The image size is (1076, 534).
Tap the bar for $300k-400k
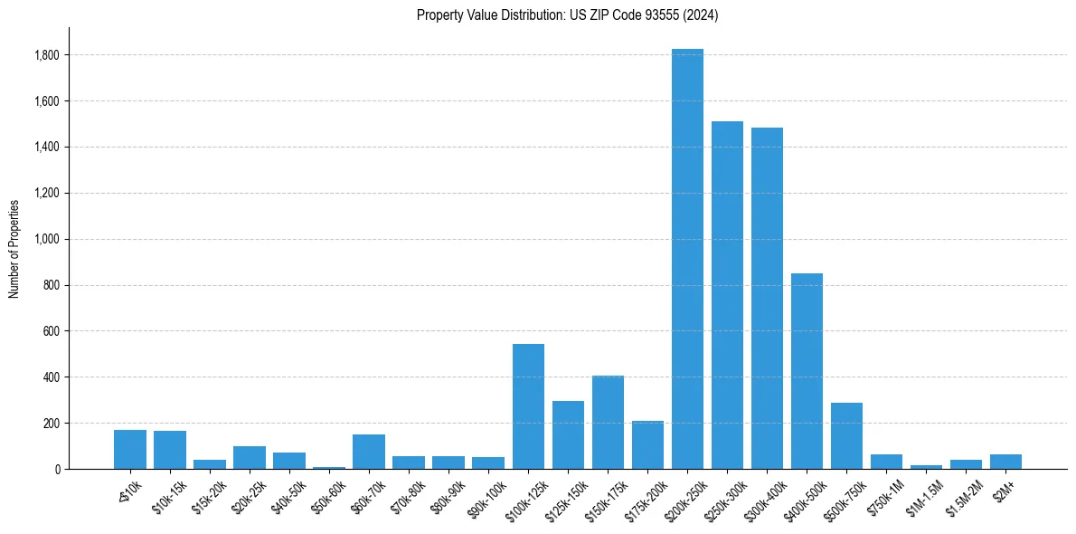click(767, 299)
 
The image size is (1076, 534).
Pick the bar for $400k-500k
click(807, 371)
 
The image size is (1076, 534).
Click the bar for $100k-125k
click(528, 406)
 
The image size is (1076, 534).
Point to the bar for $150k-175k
click(608, 422)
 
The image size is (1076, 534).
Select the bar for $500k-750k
click(846, 435)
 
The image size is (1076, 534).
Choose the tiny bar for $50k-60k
click(329, 467)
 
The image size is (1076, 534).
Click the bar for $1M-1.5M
click(926, 466)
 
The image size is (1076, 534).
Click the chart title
click(567, 14)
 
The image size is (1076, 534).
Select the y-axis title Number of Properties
click(14, 248)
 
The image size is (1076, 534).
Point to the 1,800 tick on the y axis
click(47, 55)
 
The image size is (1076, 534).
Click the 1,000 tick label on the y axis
click(47, 239)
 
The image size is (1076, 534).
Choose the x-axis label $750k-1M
click(884, 494)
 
